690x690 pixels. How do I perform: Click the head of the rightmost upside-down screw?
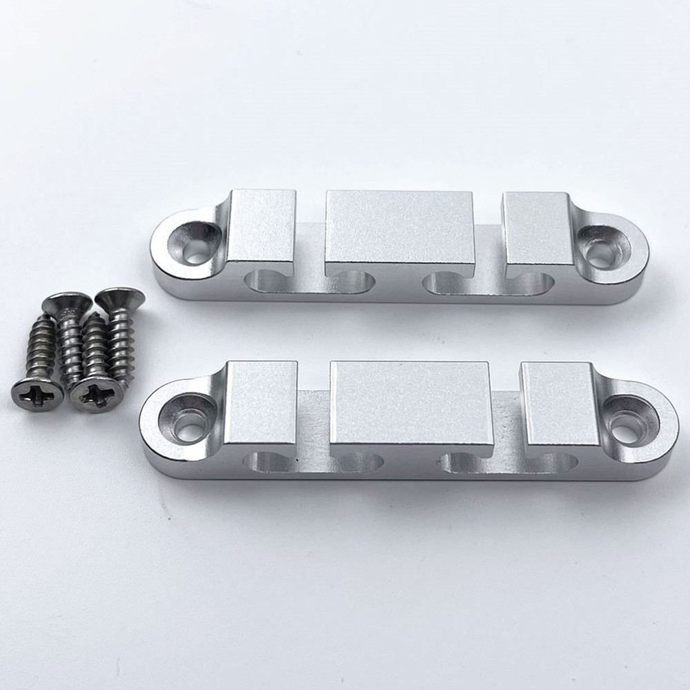(x=120, y=298)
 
